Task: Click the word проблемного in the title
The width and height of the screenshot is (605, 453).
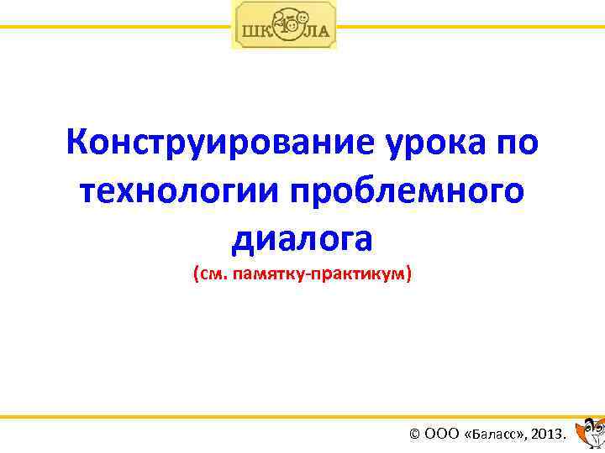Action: pyautogui.click(x=408, y=191)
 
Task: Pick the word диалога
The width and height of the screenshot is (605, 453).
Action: pyautogui.click(x=302, y=238)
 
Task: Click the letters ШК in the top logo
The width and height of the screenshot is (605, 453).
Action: pyautogui.click(x=255, y=33)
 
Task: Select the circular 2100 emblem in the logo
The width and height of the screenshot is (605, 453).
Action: pyautogui.click(x=285, y=25)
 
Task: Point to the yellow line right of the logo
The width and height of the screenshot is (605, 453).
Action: pyautogui.click(x=471, y=27)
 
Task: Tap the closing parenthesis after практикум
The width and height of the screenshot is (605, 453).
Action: pyautogui.click(x=409, y=274)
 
